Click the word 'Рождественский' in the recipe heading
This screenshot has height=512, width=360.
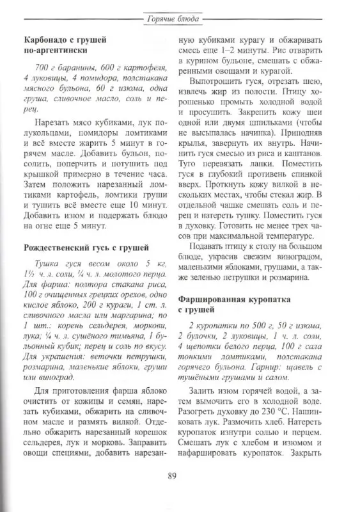tap(56, 246)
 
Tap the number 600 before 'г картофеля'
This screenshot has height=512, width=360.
tap(104, 68)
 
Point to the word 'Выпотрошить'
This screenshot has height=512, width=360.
tap(216, 85)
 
